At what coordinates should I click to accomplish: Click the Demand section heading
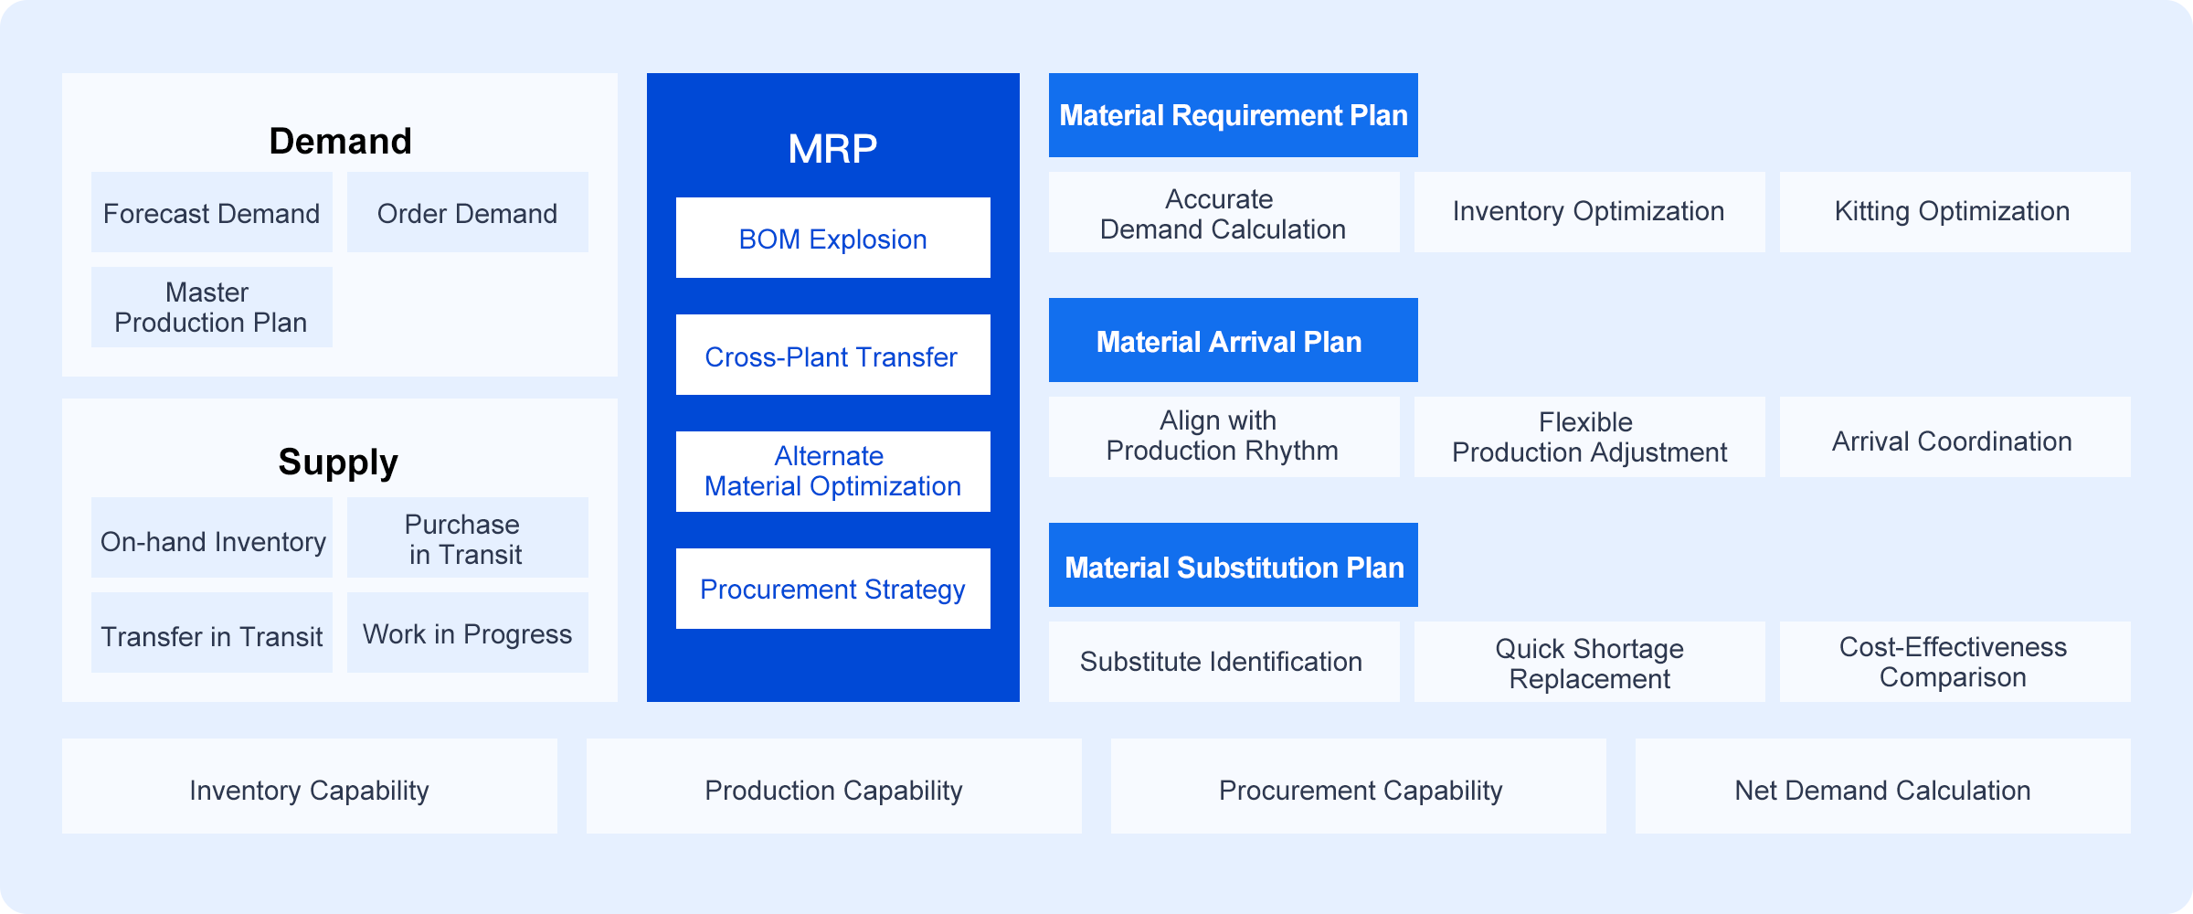coord(340,142)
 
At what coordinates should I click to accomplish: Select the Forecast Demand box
coord(212,212)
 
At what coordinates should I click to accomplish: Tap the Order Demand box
coord(468,212)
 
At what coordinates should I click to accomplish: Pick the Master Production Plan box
coord(212,307)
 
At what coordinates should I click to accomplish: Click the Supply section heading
coord(338,462)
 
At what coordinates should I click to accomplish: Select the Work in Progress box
coord(468,632)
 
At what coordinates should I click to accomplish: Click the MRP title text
coord(832,148)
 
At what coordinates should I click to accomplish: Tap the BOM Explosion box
coord(833,238)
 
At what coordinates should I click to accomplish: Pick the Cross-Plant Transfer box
coord(833,355)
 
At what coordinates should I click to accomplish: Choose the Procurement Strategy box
coord(833,589)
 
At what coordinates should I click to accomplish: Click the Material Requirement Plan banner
coord(1234,115)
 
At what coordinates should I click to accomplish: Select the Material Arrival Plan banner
coord(1234,340)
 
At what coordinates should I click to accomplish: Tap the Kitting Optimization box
coord(1955,212)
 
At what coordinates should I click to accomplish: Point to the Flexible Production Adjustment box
coord(1590,437)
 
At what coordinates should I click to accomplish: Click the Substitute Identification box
coord(1224,662)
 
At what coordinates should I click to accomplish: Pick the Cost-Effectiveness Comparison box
coord(1955,662)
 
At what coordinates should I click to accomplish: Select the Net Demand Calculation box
coord(1883,786)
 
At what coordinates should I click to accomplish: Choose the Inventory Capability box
coord(310,786)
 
